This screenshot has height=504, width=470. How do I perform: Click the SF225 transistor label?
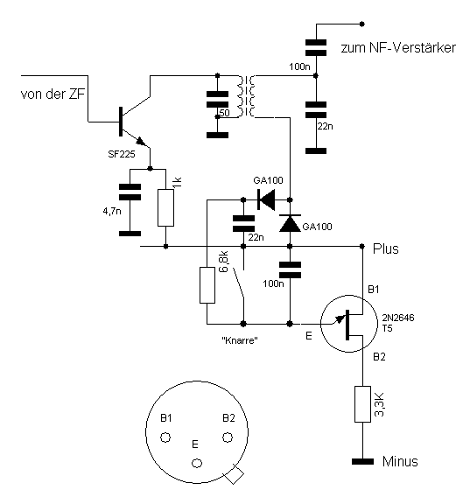click(122, 154)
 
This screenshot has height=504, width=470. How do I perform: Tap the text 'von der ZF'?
click(53, 94)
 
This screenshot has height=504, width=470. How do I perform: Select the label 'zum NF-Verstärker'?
click(398, 48)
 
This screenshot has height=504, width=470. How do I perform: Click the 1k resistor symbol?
click(166, 207)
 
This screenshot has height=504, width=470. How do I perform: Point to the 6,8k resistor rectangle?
click(207, 284)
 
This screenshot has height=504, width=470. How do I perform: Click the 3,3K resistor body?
click(362, 404)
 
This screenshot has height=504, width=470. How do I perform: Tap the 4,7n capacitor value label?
click(112, 211)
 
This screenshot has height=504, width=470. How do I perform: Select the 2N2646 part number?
click(398, 318)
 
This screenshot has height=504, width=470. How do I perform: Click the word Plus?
click(385, 248)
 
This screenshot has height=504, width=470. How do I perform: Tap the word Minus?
click(400, 462)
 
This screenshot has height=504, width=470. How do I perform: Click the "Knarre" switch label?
click(240, 340)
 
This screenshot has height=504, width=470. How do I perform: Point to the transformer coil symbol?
click(246, 96)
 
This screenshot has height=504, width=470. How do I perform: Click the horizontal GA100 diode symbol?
click(266, 199)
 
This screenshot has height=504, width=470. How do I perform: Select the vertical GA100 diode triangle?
click(290, 223)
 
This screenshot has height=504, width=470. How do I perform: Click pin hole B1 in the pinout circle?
click(165, 437)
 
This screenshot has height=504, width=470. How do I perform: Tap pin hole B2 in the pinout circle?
click(228, 437)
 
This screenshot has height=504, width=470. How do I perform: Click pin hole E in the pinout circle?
click(197, 463)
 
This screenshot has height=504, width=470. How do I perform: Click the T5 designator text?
click(388, 328)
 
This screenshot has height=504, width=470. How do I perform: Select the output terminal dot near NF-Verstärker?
click(362, 24)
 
